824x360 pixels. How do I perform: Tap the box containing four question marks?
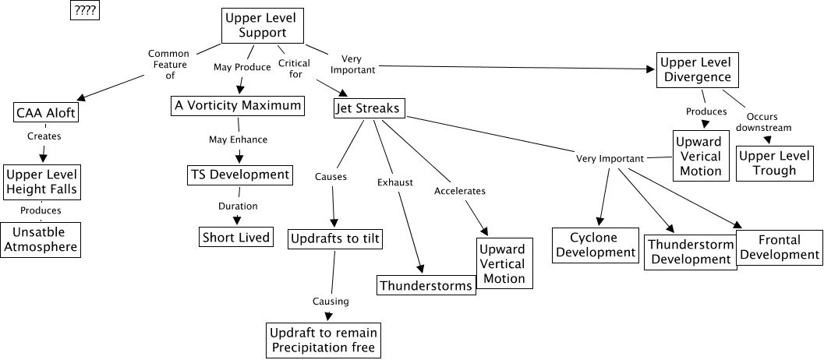85,11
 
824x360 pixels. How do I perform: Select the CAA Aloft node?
47,114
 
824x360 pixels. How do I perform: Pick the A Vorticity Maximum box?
237,106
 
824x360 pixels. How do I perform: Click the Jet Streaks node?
370,108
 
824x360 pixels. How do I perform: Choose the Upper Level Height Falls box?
43,182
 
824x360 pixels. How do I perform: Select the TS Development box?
239,175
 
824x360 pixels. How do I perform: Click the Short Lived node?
236,237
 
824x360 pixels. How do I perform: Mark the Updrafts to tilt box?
335,238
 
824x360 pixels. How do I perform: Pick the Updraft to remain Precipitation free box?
324,340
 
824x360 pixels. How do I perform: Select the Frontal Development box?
779,247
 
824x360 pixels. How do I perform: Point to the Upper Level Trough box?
768,163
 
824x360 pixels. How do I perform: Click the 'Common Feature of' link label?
169,65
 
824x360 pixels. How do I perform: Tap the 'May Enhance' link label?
238,139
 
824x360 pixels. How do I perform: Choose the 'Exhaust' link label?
391,183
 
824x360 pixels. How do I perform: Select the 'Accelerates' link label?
460,191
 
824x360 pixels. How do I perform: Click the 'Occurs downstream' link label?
764,122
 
